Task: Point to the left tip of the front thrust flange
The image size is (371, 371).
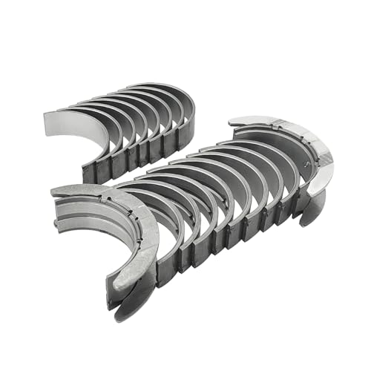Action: pyautogui.click(x=53, y=191)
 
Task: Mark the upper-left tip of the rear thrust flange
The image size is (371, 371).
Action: pyautogui.click(x=232, y=121)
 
